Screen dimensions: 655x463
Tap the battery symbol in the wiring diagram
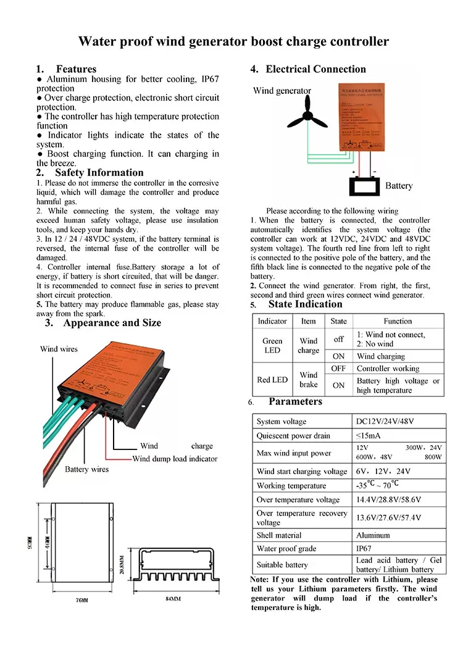tap(365, 186)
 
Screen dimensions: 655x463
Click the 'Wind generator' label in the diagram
tap(282, 91)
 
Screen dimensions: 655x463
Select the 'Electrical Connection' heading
tap(315, 69)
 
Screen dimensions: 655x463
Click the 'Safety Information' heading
tap(99, 173)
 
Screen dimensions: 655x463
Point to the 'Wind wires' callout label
tap(59, 349)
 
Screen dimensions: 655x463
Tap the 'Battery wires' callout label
tap(86, 469)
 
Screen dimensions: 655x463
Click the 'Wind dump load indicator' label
tap(175, 459)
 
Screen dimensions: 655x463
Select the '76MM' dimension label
tap(81, 599)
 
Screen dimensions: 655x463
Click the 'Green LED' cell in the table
tap(272, 345)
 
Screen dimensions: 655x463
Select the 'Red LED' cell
tap(272, 380)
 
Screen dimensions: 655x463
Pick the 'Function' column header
tap(398, 321)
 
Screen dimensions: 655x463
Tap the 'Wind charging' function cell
tap(381, 356)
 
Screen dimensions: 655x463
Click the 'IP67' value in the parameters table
tap(364, 548)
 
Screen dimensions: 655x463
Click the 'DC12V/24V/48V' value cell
tap(386, 422)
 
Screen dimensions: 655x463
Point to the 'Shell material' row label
tap(279, 535)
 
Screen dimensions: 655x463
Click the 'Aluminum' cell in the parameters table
tap(373, 535)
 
